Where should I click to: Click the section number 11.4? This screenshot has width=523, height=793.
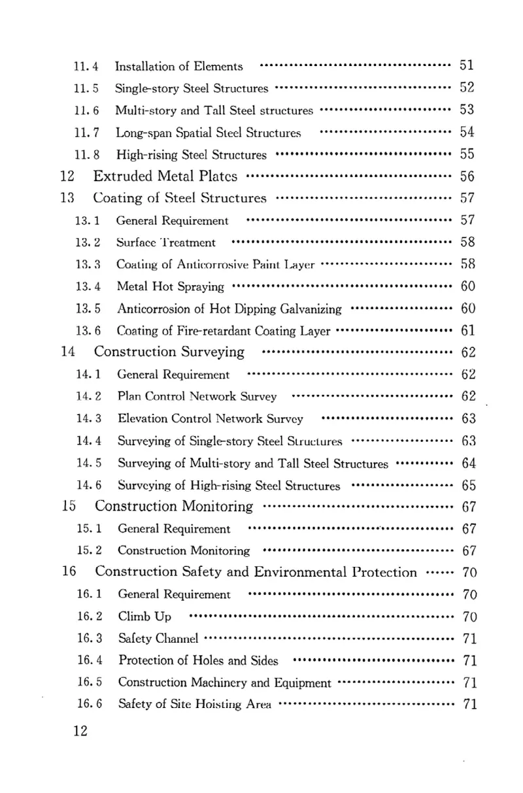[x=87, y=66]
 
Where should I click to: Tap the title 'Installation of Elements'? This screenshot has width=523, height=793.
[x=178, y=66]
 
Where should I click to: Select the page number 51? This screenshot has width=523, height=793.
[x=466, y=65]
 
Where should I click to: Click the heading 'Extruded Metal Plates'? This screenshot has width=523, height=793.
[x=165, y=177]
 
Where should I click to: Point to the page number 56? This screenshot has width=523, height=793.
[x=466, y=177]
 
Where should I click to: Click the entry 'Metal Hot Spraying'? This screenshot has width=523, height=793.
[x=170, y=286]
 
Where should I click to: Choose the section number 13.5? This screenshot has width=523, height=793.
[x=88, y=308]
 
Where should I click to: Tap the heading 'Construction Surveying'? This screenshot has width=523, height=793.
[x=169, y=352]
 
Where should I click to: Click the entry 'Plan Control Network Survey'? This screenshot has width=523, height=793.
[x=197, y=396]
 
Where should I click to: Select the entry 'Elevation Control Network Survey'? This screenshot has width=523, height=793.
[x=210, y=418]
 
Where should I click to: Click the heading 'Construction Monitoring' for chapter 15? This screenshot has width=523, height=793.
[x=174, y=507]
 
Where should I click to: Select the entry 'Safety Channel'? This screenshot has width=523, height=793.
[x=158, y=638]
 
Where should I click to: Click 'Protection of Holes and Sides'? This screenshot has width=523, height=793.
[x=198, y=660]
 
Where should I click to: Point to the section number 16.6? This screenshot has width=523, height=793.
[x=89, y=704]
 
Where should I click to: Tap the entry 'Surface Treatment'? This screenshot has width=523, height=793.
[x=165, y=243]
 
